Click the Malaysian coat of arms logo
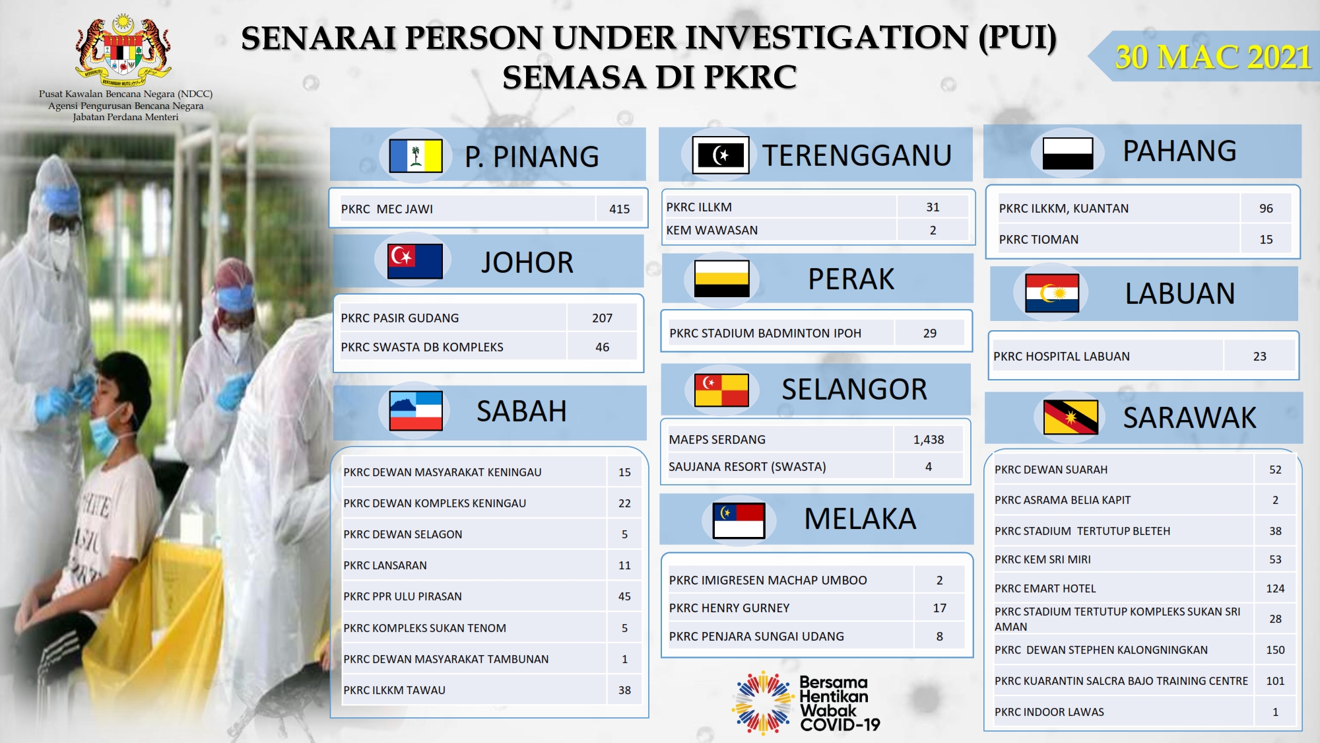tap(123, 50)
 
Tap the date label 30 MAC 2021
tap(1212, 57)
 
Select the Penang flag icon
tap(416, 156)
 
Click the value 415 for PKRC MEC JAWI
tap(619, 209)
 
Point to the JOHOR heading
tap(527, 262)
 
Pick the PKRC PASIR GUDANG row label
tap(399, 318)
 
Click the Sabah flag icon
tap(416, 411)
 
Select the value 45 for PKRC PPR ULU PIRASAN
tap(624, 596)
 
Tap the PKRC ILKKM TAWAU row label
tap(394, 690)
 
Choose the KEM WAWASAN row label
tap(711, 230)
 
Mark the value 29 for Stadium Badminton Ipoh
tap(929, 334)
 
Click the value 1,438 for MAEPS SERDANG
tap(929, 440)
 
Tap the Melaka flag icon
tap(739, 520)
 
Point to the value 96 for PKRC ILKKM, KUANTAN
tap(1266, 209)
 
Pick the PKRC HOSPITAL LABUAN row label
tap(1061, 357)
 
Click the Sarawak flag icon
tap(1071, 417)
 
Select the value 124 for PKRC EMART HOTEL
tap(1275, 588)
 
